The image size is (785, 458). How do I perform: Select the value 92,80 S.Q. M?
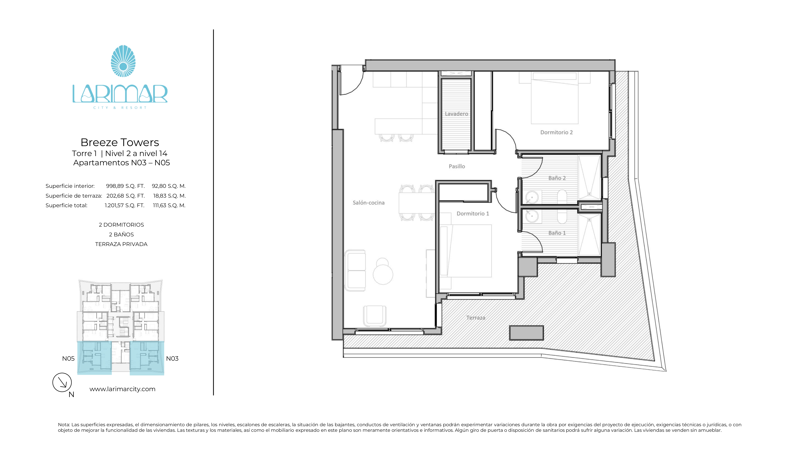pos(169,186)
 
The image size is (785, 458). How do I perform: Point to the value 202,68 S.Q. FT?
pos(126,196)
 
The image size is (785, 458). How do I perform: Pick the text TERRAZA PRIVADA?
pos(121,244)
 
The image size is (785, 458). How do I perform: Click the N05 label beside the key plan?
pos(68,359)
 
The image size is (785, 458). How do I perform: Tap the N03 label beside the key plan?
pos(172,359)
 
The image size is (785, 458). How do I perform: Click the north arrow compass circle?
pos(62,382)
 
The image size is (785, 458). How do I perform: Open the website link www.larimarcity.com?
pos(122,389)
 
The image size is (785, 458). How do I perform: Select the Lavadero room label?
pos(456,114)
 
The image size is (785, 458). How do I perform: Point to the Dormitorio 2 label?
pos(556,132)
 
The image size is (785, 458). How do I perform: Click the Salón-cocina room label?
pos(368,203)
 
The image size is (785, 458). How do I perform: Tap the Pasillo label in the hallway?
pos(457,166)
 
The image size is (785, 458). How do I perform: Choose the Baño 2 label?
pos(557,178)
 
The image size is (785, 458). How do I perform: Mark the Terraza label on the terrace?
pos(476,318)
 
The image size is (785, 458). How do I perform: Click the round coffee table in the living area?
pos(383,274)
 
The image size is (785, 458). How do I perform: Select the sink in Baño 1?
pos(532,216)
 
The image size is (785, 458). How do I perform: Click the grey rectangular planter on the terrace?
pos(527,333)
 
